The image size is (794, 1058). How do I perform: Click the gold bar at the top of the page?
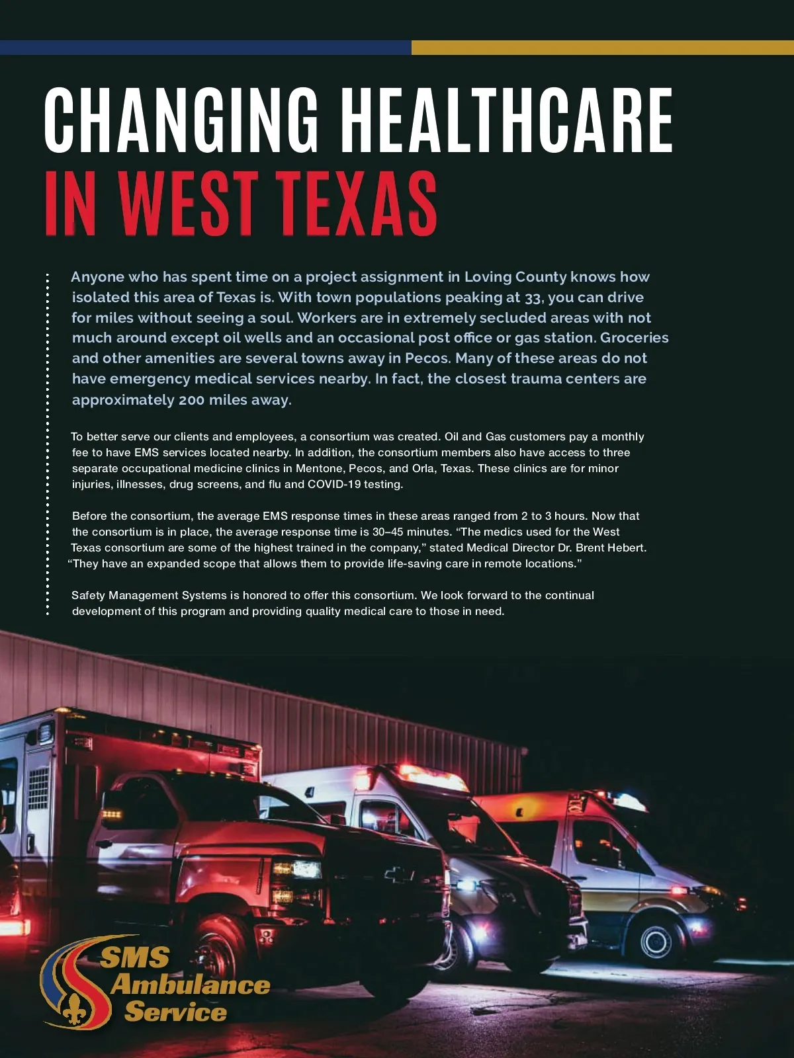click(x=602, y=48)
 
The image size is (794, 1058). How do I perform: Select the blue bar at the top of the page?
click(x=205, y=48)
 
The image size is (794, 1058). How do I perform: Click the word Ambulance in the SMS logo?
click(x=191, y=985)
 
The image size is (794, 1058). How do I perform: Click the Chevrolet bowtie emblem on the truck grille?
click(x=399, y=875)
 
